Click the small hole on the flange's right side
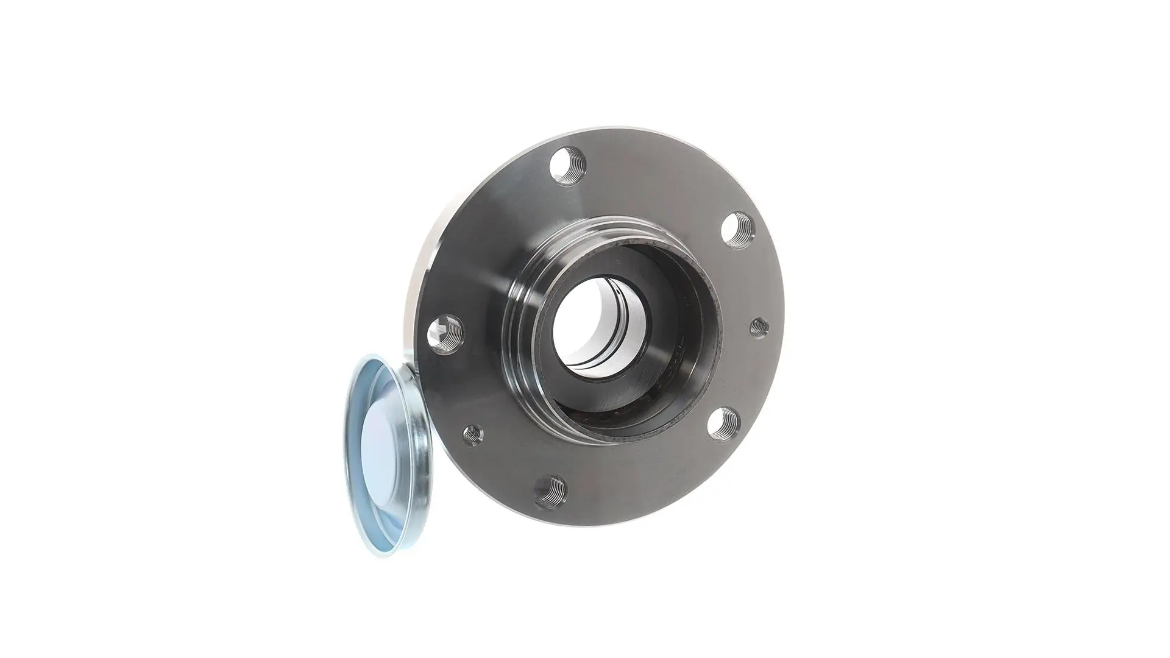click(759, 327)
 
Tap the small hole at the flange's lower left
click(472, 433)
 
